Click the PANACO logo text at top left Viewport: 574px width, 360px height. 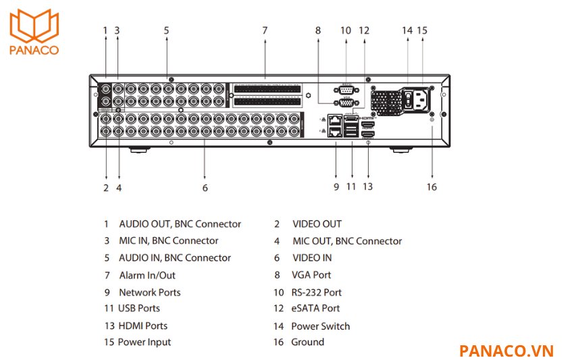click(34, 49)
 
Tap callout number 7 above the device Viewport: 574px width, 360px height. click(265, 30)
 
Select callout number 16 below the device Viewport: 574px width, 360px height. click(432, 187)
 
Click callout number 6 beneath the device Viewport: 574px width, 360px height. click(205, 188)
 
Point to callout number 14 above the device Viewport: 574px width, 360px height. click(407, 30)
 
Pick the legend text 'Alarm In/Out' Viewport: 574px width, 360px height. click(147, 275)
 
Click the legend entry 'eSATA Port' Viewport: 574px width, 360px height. click(315, 309)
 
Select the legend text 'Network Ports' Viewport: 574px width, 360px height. click(149, 292)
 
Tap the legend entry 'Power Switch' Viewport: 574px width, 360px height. click(320, 326)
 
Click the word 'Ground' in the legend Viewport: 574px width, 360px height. click(307, 342)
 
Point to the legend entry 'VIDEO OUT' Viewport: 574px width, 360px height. click(317, 224)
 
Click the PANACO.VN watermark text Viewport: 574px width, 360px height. click(506, 351)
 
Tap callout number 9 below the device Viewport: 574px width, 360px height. click(336, 187)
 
